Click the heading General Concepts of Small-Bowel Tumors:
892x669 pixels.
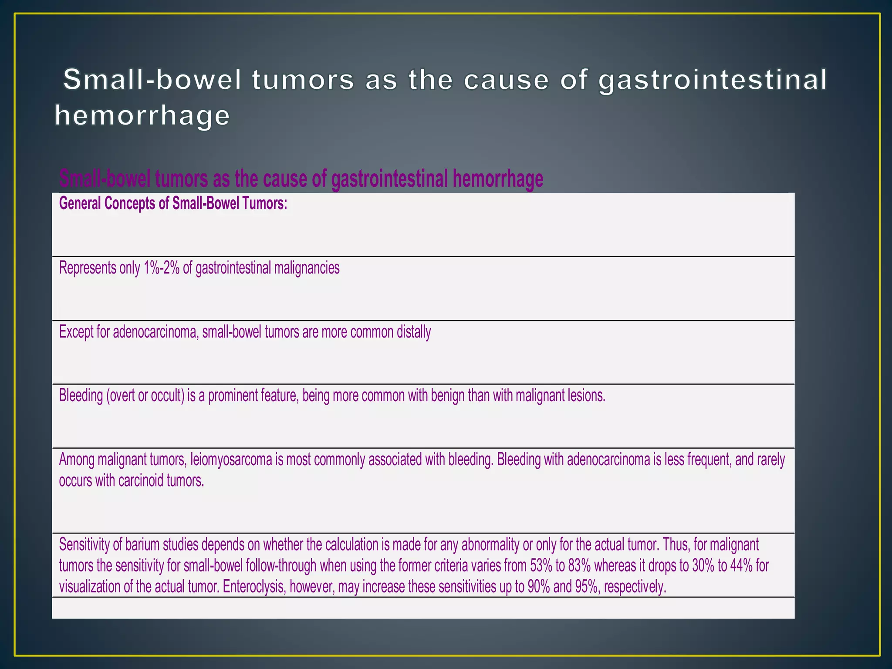pos(173,203)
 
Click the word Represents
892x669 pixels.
pos(87,267)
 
